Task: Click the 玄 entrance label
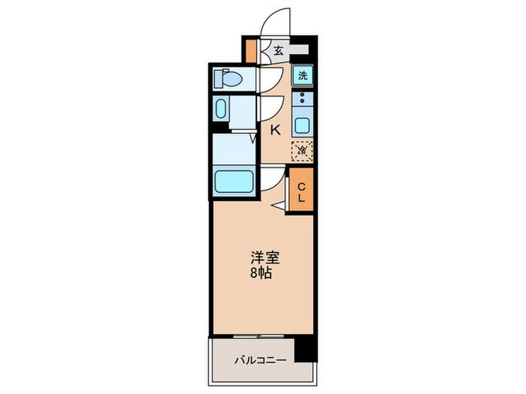278,51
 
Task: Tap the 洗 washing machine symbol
302,76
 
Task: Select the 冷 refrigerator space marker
302,150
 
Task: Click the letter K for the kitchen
275,130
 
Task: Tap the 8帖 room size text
263,273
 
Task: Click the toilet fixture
228,78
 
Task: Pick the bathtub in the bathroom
234,182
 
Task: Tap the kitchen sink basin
302,125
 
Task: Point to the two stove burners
302,98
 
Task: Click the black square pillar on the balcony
304,347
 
